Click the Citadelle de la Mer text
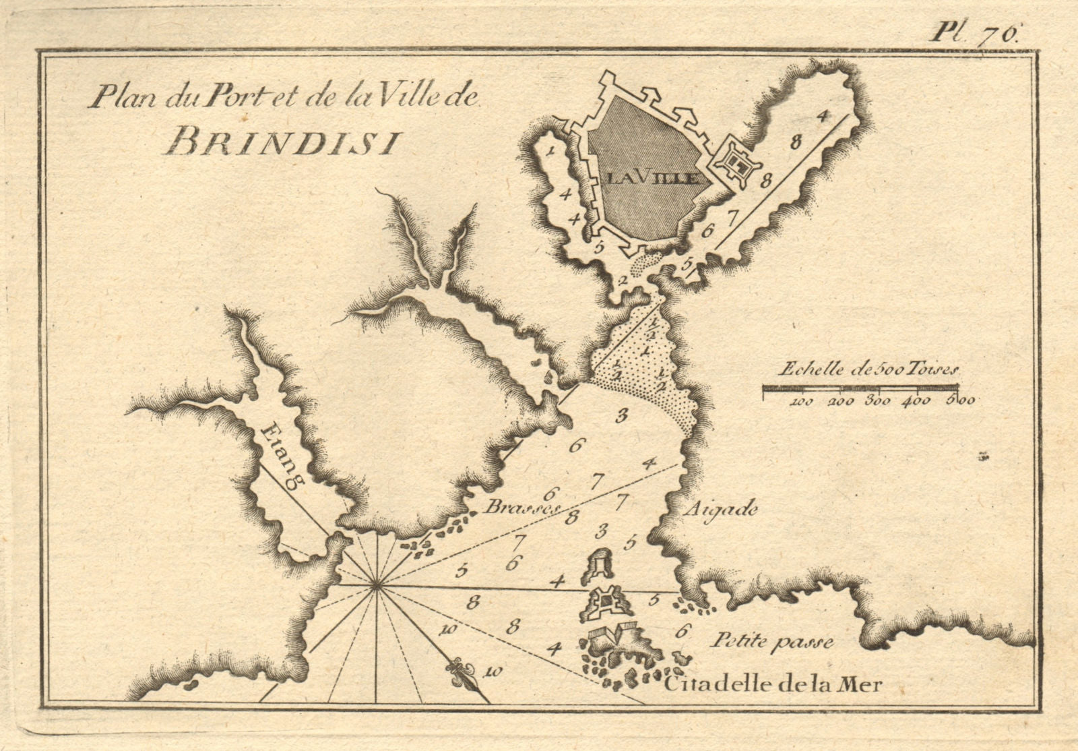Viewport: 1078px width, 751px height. point(771,686)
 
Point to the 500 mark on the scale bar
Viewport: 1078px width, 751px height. point(958,400)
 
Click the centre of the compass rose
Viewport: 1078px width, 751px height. point(375,587)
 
